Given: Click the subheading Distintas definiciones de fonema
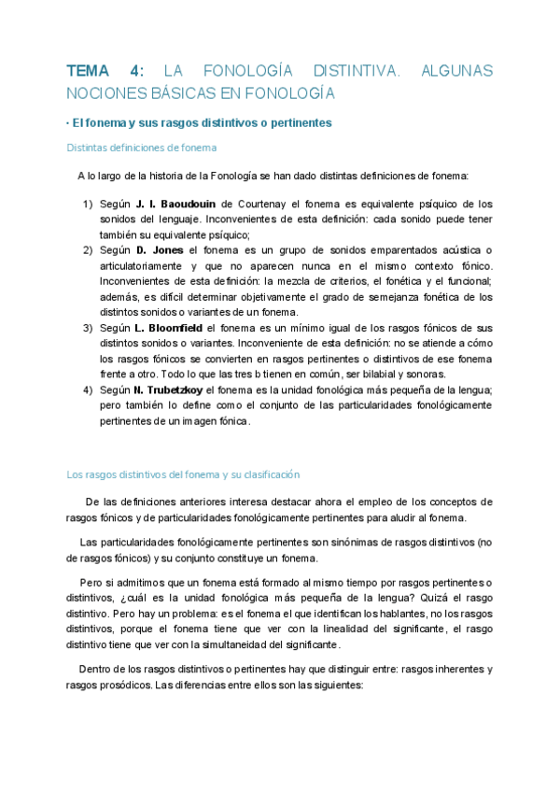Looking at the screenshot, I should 142,148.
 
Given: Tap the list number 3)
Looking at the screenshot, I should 88,328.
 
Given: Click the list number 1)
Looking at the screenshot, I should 88,204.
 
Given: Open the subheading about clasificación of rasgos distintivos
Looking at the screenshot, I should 183,474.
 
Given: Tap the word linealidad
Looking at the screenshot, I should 356,629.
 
